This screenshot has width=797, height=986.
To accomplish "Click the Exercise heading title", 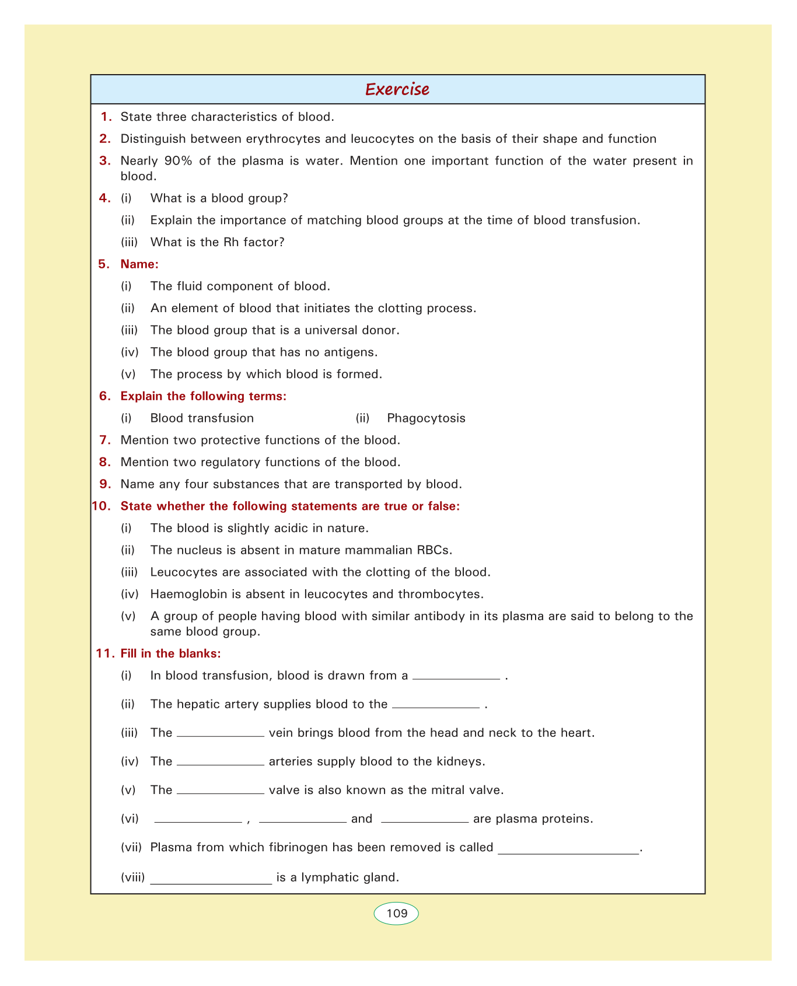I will pyautogui.click(x=397, y=89).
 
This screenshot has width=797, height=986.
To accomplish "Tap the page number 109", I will pyautogui.click(x=397, y=913).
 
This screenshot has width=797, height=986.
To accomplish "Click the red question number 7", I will pyautogui.click(x=105, y=440).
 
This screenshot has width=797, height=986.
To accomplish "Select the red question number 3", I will pyautogui.click(x=105, y=160).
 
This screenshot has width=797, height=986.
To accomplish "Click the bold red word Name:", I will pyautogui.click(x=139, y=264).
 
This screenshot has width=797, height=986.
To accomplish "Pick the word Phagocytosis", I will pyautogui.click(x=426, y=418).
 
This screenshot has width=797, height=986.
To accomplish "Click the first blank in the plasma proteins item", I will pyautogui.click(x=198, y=820).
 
